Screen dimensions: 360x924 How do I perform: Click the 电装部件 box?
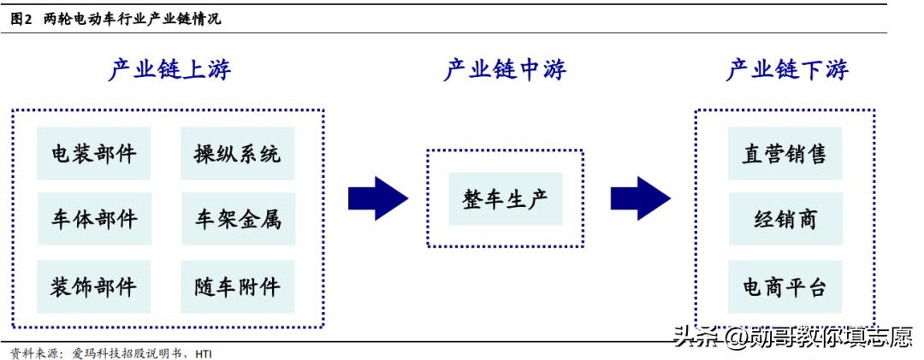click(94, 154)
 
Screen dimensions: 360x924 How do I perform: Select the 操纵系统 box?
click(237, 154)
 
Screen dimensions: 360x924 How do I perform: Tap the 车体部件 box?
click(94, 220)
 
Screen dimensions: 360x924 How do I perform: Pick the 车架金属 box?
click(237, 220)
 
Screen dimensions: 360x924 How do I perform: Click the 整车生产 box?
click(505, 198)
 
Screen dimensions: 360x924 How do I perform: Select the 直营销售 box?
click(785, 154)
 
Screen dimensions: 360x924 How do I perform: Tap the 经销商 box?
click(785, 220)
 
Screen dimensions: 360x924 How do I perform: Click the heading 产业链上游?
click(169, 70)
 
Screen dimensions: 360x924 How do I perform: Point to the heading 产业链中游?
click(505, 70)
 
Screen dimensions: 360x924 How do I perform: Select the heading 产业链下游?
click(787, 70)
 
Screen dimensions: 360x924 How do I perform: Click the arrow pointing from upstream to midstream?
click(377, 198)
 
